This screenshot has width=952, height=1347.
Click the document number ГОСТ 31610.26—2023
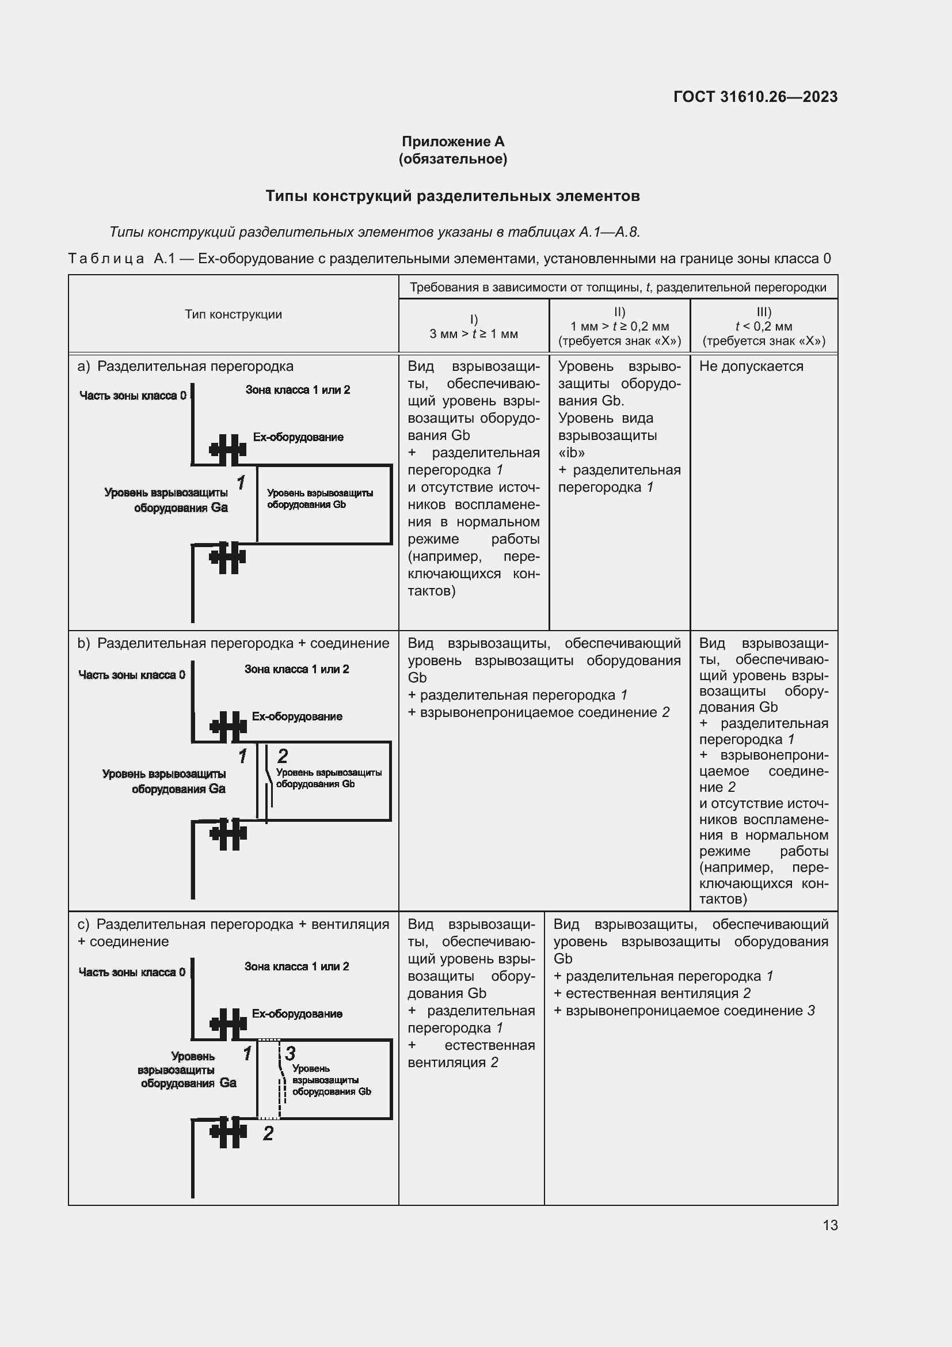click(755, 97)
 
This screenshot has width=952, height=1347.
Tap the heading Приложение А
click(452, 142)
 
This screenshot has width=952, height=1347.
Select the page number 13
click(830, 1225)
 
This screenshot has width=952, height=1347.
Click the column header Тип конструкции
click(233, 314)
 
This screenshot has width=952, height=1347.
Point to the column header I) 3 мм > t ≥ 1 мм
click(474, 327)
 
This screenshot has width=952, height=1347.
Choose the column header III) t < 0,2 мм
click(763, 326)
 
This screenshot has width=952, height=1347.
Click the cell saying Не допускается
click(751, 366)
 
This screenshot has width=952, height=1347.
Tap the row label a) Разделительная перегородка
click(186, 366)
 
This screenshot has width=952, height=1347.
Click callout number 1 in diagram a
click(241, 483)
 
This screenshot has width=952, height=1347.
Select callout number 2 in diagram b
click(283, 756)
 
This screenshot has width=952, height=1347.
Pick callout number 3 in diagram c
click(290, 1053)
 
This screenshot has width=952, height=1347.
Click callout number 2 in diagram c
click(268, 1133)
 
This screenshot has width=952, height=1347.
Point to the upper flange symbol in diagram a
click(227, 449)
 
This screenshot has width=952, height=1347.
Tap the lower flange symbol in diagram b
click(228, 833)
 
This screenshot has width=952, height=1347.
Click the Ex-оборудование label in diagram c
click(297, 1014)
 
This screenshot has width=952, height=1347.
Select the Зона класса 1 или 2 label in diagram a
click(297, 390)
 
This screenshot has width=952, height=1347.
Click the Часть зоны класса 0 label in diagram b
click(132, 675)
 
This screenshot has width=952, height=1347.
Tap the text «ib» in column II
click(571, 452)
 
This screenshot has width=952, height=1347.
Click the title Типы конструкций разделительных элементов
click(452, 196)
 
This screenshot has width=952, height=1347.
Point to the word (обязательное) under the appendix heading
click(452, 159)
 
